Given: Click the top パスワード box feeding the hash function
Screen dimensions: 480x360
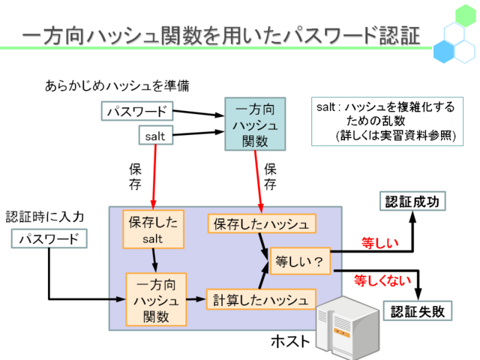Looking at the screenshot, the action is point(137,111).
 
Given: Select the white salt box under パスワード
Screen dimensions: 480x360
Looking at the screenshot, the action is point(156,135).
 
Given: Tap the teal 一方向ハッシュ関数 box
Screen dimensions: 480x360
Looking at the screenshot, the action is point(255,124).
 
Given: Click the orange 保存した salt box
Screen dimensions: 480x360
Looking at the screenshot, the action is point(153,229).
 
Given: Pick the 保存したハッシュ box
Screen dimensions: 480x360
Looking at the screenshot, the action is point(262,223).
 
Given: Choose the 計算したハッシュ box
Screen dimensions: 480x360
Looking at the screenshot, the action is point(261,299).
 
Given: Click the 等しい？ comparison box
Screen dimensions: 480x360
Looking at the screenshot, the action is point(300,261).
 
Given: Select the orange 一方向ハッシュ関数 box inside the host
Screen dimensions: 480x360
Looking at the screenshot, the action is point(156,299).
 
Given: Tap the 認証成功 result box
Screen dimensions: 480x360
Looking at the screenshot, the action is point(412,201).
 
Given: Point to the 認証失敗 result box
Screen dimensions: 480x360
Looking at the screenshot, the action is point(418,311).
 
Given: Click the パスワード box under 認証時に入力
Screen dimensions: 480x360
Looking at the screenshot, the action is point(49,238).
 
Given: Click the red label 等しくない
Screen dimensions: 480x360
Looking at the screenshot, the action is point(382,280).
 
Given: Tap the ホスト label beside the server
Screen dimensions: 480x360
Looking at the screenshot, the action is point(290,340).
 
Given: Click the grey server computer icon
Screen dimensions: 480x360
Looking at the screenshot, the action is point(347,328).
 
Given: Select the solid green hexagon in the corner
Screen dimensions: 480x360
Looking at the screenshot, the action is point(466,15).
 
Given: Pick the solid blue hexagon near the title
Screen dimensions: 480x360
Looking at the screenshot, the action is point(444,52).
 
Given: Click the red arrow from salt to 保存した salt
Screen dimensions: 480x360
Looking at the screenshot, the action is point(154,177).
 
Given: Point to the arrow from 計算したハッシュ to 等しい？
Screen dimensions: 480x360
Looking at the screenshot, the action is point(263,277).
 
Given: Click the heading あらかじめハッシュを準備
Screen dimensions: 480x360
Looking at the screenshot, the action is point(117,85).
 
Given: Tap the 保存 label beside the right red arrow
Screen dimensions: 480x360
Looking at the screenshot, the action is point(270,177).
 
